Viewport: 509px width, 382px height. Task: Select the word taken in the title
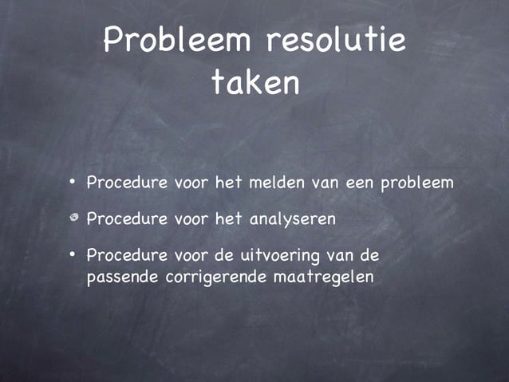255,83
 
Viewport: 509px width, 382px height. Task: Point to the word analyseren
292,219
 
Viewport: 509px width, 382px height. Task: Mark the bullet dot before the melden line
72,183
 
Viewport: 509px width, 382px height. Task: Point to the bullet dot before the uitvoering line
72,256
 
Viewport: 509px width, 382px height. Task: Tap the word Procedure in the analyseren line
127,219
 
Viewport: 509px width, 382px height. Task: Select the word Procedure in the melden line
127,183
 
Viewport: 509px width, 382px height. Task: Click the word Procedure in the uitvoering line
127,256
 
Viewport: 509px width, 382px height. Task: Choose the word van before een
326,183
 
